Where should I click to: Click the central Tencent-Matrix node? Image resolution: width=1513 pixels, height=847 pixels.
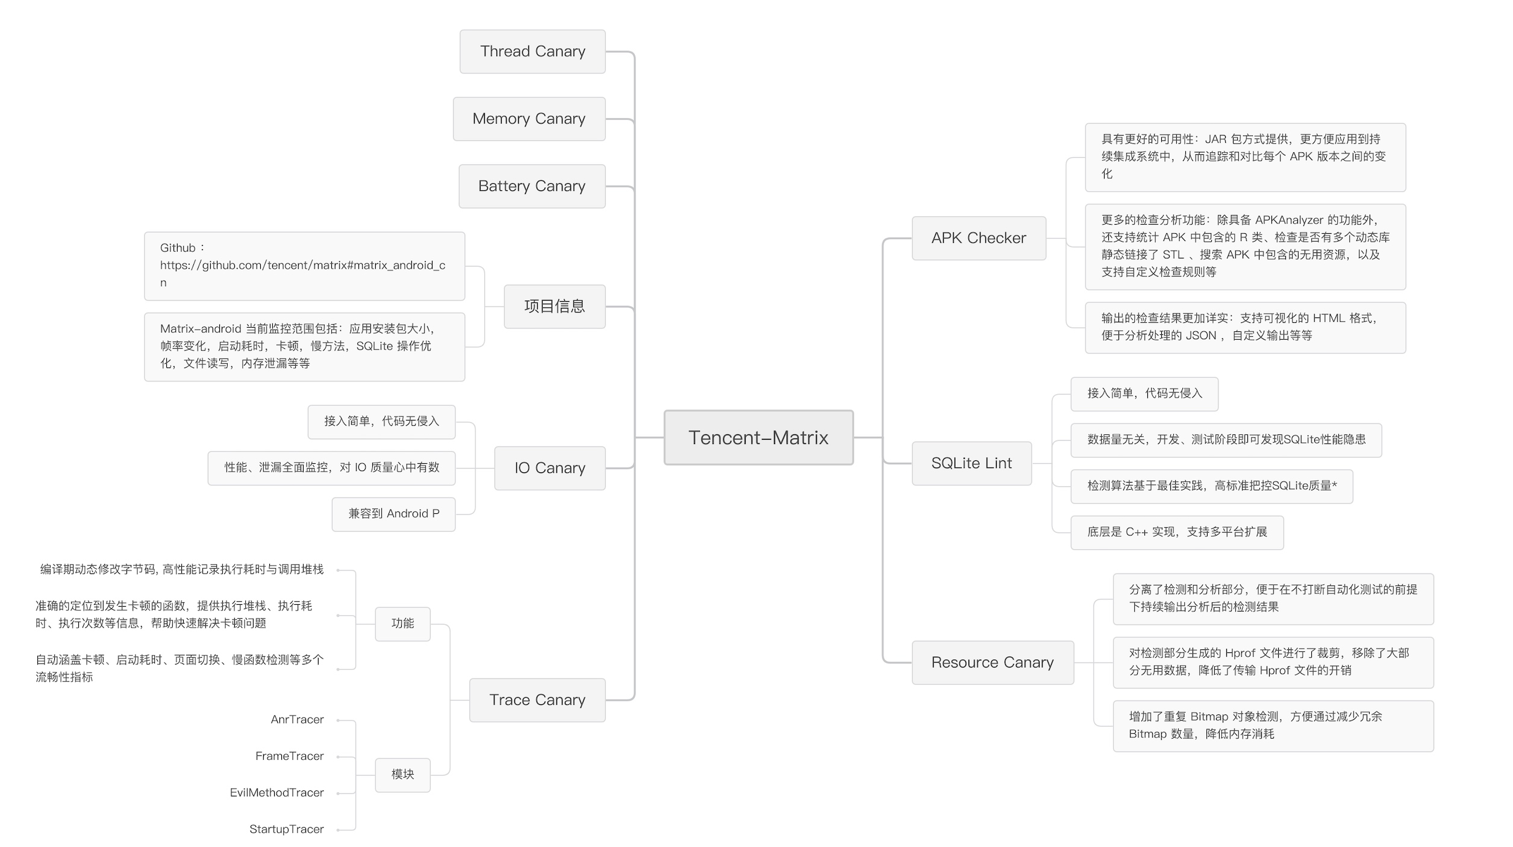pos(758,437)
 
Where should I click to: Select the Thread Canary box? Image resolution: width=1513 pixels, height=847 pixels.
pos(532,52)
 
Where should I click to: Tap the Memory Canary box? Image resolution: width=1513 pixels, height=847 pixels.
pos(529,119)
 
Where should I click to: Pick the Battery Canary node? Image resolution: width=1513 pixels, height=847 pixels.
pos(532,186)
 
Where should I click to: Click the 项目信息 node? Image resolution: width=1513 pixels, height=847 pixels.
pos(554,306)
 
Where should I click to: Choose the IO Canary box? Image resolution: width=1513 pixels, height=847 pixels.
pos(549,468)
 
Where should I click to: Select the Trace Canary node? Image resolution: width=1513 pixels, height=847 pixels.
pos(537,700)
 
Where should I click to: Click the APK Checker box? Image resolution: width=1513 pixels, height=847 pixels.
pos(978,238)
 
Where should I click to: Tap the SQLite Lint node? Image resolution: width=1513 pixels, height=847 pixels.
pos(971,463)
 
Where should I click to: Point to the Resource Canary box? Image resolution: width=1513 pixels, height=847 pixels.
pos(992,663)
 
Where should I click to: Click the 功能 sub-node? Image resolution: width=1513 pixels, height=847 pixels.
pos(402,624)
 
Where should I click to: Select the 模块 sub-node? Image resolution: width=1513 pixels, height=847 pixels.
pos(402,775)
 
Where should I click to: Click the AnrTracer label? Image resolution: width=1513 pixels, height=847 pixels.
pos(297,720)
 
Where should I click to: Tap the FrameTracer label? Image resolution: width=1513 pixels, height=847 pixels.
pos(289,756)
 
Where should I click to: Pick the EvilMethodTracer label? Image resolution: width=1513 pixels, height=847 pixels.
pos(276,793)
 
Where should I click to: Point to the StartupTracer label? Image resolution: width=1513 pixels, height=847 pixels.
pos(286,830)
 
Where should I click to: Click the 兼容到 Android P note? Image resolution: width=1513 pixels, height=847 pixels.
pos(393,514)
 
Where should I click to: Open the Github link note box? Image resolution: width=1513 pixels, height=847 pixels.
pos(304,266)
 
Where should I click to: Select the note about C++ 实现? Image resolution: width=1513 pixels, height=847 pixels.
pos(1176,533)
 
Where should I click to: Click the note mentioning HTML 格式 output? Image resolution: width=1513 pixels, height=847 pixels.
pos(1244,327)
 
